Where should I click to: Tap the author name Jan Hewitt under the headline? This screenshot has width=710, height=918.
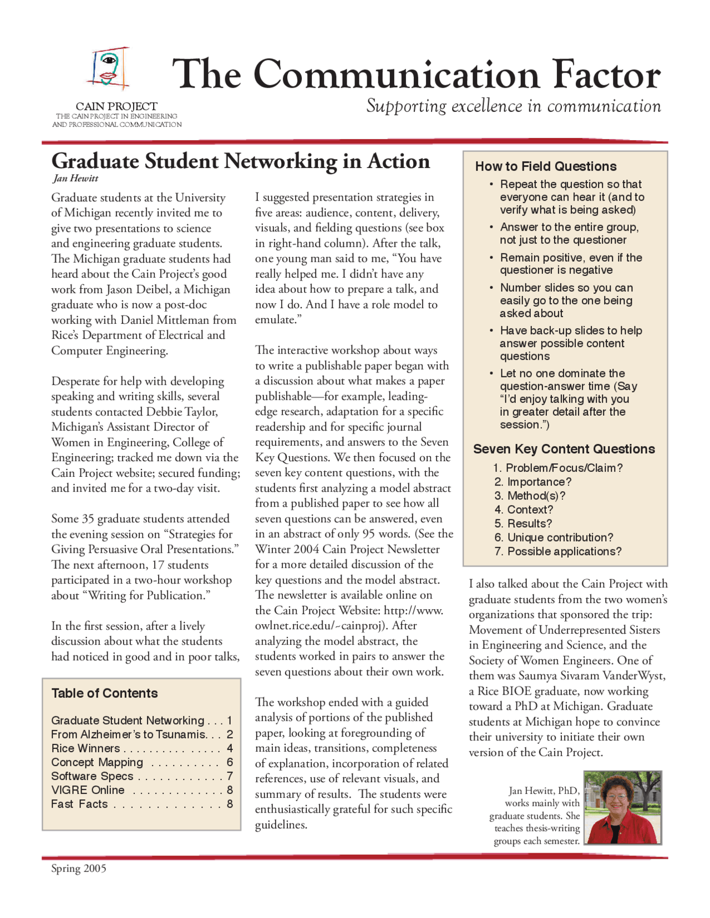(x=76, y=178)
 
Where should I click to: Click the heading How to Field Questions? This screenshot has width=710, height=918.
(x=545, y=166)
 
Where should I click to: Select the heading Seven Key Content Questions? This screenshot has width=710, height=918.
(x=564, y=449)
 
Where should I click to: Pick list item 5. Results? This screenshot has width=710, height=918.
(x=523, y=523)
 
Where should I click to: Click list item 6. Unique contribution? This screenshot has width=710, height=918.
(x=554, y=537)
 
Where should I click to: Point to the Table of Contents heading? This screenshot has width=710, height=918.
(x=104, y=693)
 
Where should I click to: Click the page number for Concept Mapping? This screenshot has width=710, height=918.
(x=230, y=762)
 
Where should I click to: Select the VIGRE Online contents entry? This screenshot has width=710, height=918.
(x=88, y=790)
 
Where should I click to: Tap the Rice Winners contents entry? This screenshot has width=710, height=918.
(x=85, y=748)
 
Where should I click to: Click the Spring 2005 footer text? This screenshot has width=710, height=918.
(x=79, y=868)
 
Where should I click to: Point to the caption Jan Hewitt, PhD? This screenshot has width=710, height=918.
(x=544, y=790)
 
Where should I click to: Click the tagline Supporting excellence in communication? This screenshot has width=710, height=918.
(x=513, y=106)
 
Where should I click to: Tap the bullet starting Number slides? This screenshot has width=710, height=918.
(x=566, y=300)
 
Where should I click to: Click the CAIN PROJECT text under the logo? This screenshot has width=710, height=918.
(x=116, y=106)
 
